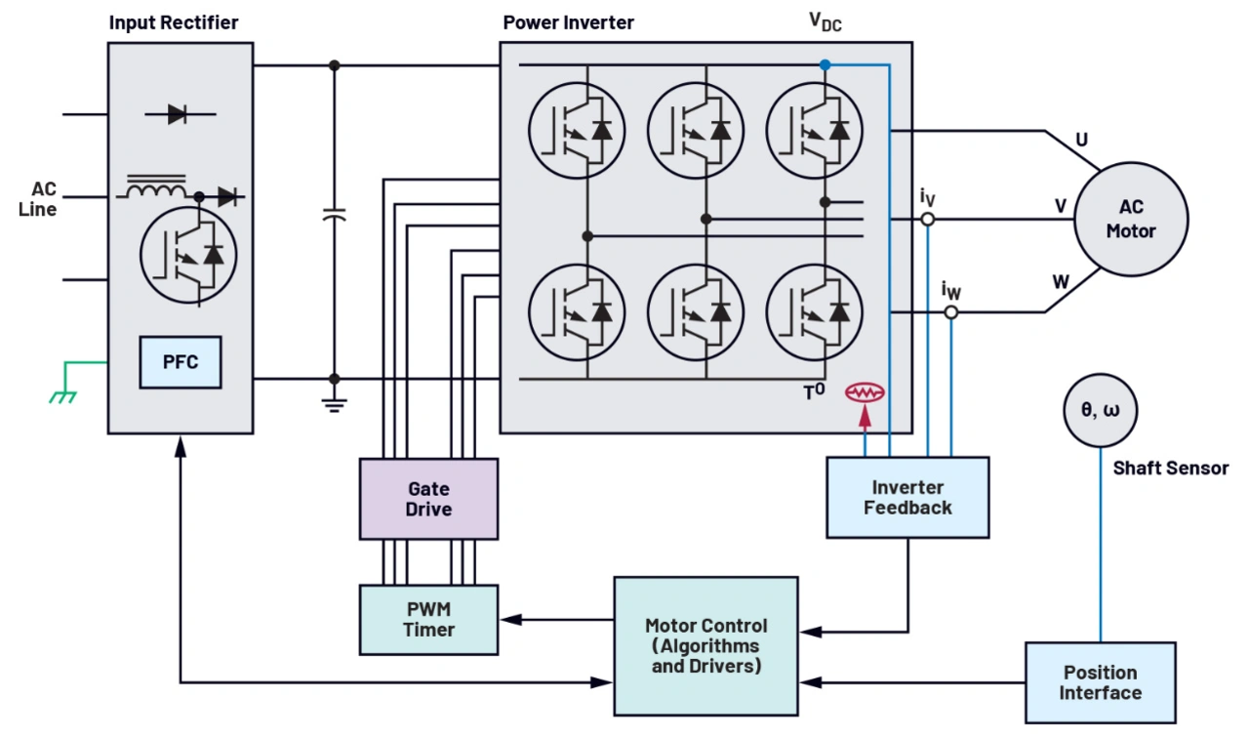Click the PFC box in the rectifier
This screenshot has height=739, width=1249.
181,362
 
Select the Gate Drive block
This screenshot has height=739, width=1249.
428,499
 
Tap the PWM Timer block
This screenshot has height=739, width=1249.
428,620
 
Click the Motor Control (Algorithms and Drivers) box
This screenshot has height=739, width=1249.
706,645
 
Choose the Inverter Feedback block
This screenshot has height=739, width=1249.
907,498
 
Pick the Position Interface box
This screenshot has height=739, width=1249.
1100,682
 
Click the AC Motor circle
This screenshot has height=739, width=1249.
1131,220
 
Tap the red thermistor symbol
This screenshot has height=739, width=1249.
865,392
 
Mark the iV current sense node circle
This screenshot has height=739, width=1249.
928,220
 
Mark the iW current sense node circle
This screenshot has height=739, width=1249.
951,312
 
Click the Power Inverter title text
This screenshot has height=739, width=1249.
569,22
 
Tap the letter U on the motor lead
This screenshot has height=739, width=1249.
1081,141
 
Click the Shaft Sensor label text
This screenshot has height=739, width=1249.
1171,469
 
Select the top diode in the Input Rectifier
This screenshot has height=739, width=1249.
178,114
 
